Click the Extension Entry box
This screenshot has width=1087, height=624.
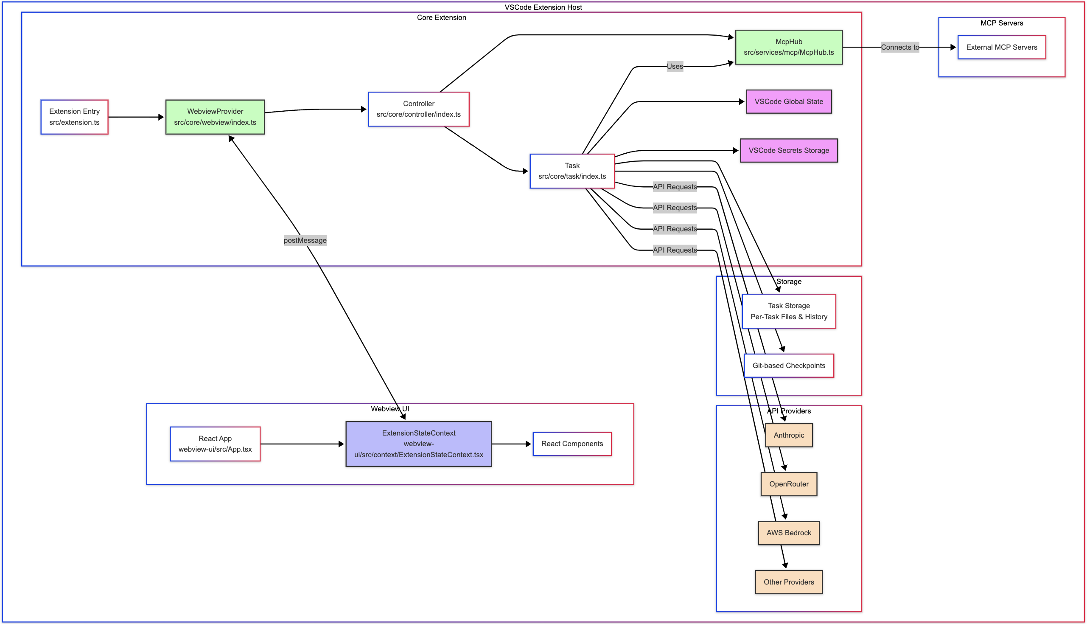75,117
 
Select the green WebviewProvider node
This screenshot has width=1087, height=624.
215,117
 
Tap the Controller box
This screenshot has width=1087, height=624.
418,109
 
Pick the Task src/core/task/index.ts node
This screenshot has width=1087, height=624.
572,171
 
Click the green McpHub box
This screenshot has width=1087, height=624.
788,47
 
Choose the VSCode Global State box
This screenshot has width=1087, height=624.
788,101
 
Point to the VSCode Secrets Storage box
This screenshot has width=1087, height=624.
788,150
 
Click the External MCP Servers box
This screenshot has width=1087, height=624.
1001,47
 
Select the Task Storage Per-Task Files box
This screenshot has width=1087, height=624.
788,311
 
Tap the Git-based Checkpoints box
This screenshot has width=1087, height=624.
788,365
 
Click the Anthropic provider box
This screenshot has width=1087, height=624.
788,435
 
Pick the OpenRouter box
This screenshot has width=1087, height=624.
788,484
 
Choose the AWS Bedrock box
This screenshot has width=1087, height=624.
788,533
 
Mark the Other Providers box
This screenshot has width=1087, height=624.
788,582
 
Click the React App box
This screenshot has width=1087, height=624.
215,444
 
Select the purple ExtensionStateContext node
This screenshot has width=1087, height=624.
418,444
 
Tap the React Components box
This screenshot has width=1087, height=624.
572,444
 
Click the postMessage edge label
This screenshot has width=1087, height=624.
305,240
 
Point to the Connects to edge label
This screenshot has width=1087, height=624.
900,47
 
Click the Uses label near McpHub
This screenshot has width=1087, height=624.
675,66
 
